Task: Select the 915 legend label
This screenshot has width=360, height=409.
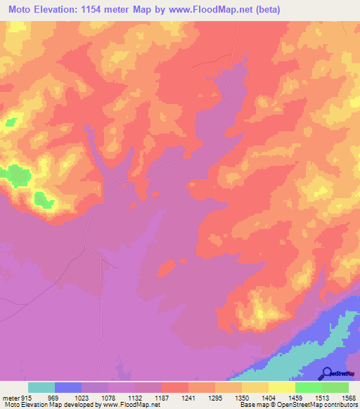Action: click(27, 398)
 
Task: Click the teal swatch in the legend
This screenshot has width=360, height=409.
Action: click(41, 387)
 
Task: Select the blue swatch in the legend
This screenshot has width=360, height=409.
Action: click(68, 387)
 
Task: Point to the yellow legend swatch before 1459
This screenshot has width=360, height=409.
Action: click(281, 387)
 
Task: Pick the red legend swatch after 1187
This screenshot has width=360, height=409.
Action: click(174, 387)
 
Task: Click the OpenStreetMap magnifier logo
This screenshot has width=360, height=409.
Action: click(327, 373)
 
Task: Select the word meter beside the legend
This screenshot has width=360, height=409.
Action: click(10, 398)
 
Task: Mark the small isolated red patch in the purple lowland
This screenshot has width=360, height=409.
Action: click(167, 267)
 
